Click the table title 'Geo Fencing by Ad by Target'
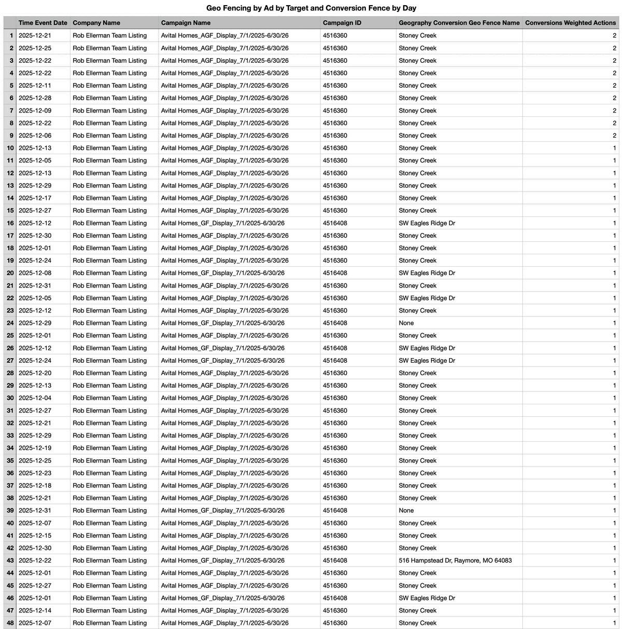tap(311, 8)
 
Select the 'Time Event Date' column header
tap(43, 23)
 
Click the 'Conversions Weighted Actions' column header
tap(570, 23)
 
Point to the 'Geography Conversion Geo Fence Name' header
tap(459, 23)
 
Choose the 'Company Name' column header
tap(96, 23)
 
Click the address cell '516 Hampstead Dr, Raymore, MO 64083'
tap(455, 560)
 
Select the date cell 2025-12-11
tap(36, 86)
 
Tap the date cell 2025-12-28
tap(36, 98)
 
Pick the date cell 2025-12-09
tap(36, 111)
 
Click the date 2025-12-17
tap(36, 198)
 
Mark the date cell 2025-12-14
tap(36, 610)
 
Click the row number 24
tap(10, 323)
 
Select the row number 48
tap(10, 623)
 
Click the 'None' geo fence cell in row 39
tap(406, 511)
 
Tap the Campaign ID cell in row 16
tap(335, 223)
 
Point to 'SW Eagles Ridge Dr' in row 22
tap(427, 298)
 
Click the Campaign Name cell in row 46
tap(222, 598)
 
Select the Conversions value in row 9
tap(615, 135)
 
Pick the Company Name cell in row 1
tap(109, 36)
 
